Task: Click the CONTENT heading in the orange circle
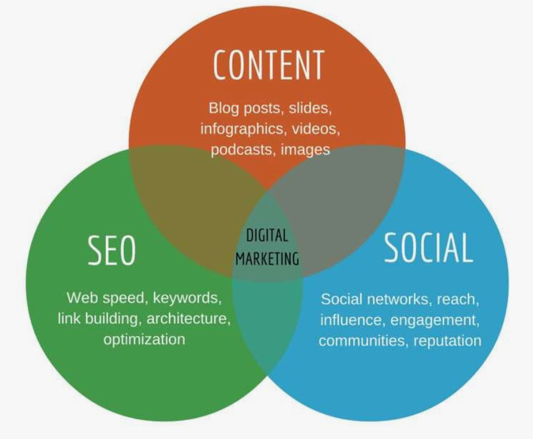point(268,65)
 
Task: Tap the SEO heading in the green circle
point(111,250)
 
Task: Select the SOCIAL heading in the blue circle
point(428,248)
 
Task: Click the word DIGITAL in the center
point(267,236)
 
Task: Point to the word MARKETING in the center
point(267,259)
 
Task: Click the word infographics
point(241,129)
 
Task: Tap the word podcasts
point(242,150)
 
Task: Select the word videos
point(315,129)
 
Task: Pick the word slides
point(310,108)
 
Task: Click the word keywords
point(187,298)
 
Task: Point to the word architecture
point(188,319)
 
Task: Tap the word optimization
point(144,339)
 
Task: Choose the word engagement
point(434,321)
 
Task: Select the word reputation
point(448,341)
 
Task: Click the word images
point(305,150)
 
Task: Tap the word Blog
point(224,108)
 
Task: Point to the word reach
point(458,299)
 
